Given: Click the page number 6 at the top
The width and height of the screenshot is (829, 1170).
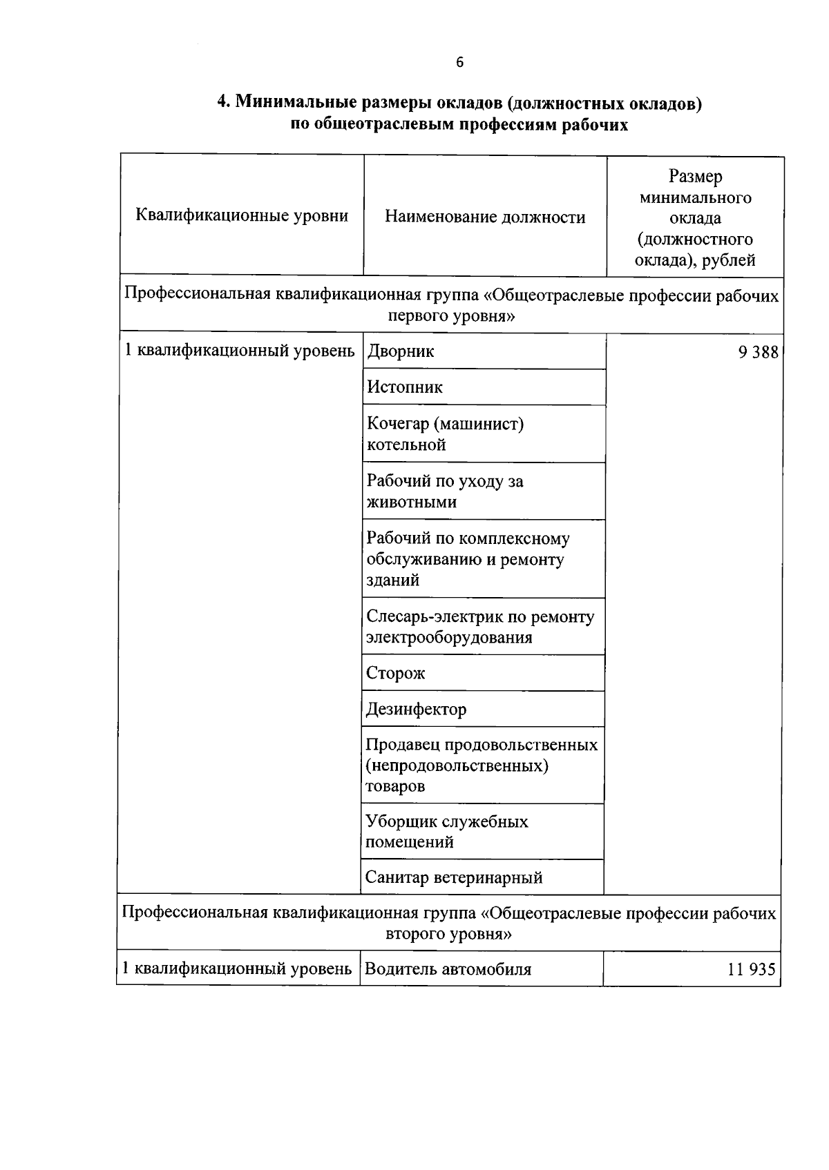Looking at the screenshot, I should point(460,63).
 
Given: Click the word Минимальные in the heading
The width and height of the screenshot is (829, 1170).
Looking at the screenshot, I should point(295,103).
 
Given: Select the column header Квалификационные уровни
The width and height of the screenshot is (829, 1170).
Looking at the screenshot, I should point(242,216).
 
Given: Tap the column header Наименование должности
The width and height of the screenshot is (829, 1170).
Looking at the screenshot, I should point(485,217).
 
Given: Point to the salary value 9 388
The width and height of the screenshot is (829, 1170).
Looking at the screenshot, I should point(758,352).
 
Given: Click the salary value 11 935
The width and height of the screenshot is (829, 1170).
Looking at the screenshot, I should point(752,969).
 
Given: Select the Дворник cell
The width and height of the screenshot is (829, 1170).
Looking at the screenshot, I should point(401,351).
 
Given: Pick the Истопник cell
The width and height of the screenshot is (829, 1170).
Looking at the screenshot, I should point(405,387).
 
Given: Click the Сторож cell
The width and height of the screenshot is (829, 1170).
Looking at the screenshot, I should point(396,673).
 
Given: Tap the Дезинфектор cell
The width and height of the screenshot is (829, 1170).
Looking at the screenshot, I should point(416,709).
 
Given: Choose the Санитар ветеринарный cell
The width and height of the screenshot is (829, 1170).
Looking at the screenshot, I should point(454,878).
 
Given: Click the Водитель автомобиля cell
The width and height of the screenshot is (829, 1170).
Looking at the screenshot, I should point(448,969).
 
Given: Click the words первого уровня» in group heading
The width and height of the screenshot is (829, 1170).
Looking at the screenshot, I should point(452,317).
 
